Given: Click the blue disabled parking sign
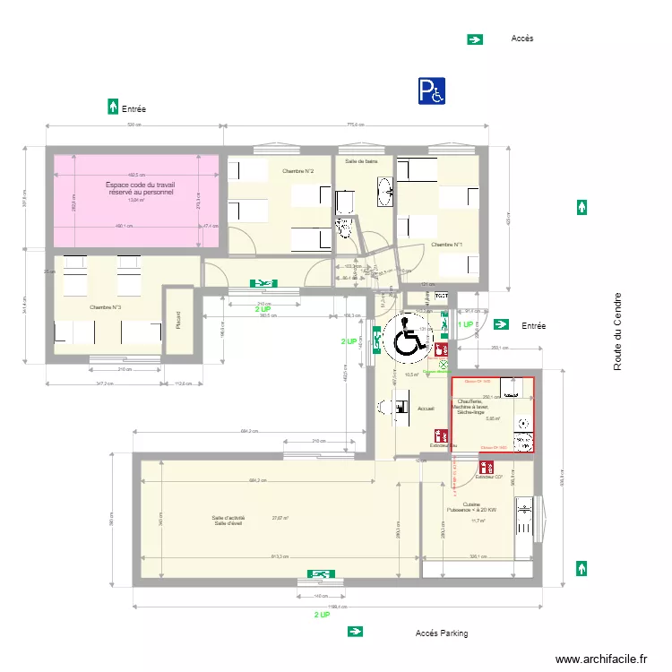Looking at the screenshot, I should [x=431, y=90].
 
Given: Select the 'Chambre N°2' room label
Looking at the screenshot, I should [x=297, y=171].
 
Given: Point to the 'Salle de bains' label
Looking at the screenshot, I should [x=361, y=161].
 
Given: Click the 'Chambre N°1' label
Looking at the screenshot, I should [x=446, y=245].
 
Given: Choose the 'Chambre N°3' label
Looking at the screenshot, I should [x=105, y=307].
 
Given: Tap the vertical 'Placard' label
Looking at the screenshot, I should [x=178, y=320].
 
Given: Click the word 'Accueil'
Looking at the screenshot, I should [x=426, y=409].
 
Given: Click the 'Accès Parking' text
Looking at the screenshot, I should [x=441, y=633].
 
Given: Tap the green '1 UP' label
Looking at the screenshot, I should [x=466, y=324].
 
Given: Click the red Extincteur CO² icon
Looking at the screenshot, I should [x=487, y=468].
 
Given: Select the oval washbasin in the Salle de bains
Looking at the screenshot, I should [x=387, y=190].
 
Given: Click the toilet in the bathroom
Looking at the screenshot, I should [x=344, y=228].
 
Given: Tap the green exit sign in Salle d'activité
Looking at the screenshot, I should [x=319, y=573].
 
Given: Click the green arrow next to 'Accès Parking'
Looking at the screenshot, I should [x=356, y=632].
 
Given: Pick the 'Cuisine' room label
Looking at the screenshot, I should [x=470, y=504].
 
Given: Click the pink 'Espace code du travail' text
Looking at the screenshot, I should [x=141, y=188].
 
